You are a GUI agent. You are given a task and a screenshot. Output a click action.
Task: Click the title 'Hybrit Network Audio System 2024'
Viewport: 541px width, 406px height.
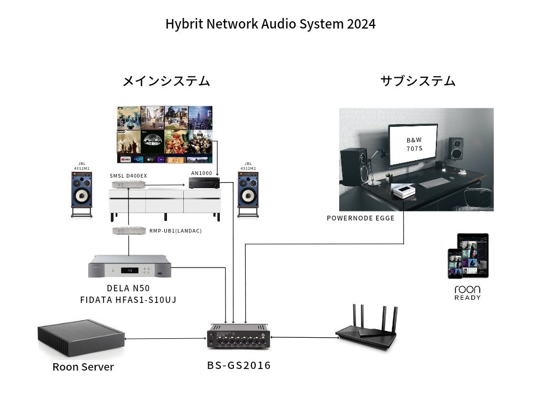270,24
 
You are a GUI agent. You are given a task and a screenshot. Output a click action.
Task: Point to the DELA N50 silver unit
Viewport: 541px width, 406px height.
129,266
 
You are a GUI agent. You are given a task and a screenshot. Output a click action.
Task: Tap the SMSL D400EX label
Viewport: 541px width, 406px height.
128,176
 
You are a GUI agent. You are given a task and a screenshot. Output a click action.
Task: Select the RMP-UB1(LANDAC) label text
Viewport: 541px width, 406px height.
175,231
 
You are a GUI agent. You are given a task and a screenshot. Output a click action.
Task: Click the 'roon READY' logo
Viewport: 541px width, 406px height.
468,292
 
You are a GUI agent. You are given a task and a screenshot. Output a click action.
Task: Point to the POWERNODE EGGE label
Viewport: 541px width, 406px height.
360,218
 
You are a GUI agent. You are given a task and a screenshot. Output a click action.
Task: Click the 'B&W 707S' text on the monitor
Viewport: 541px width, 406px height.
414,144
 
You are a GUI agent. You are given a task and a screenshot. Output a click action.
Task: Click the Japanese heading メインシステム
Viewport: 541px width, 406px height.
166,81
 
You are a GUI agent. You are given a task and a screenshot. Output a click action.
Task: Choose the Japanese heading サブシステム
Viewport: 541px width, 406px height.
417,81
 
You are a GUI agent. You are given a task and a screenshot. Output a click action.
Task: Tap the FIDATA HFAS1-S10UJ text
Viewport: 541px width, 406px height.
128,300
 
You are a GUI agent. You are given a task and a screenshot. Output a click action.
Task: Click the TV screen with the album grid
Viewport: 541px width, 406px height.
164,134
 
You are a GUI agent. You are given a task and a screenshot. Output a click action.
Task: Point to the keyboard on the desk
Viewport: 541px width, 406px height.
434,183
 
